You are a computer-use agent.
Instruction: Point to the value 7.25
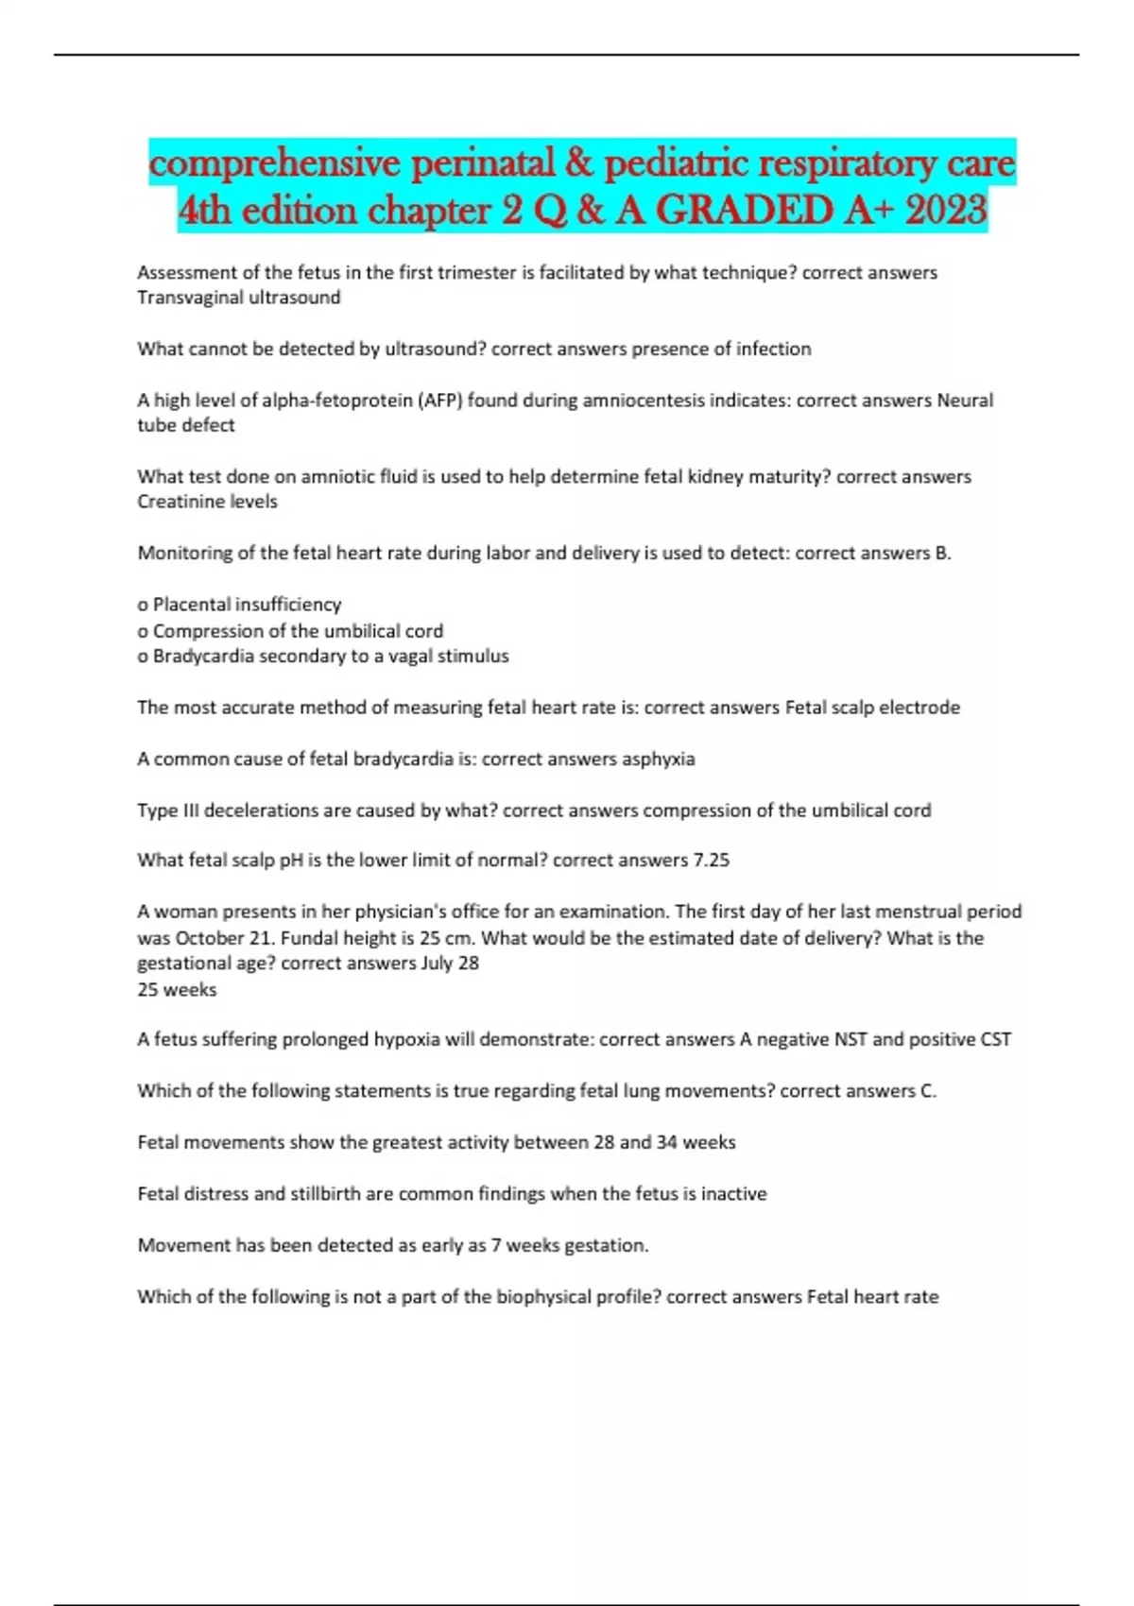coord(711,861)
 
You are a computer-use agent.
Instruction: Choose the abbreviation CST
coord(995,1039)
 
